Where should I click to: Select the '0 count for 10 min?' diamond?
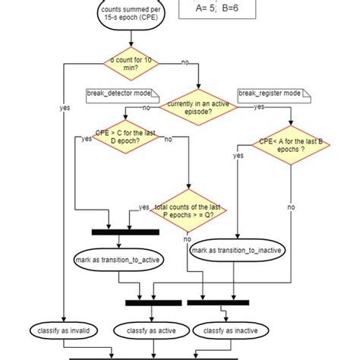click(132, 63)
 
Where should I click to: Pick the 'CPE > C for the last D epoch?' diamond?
click(125, 137)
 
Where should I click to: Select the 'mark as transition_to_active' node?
click(118, 260)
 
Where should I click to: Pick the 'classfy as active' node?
click(146, 330)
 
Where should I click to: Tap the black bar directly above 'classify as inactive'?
click(218, 302)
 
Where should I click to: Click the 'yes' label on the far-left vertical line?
click(65, 109)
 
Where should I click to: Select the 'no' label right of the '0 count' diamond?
click(185, 62)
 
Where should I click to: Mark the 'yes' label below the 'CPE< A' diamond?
click(238, 155)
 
